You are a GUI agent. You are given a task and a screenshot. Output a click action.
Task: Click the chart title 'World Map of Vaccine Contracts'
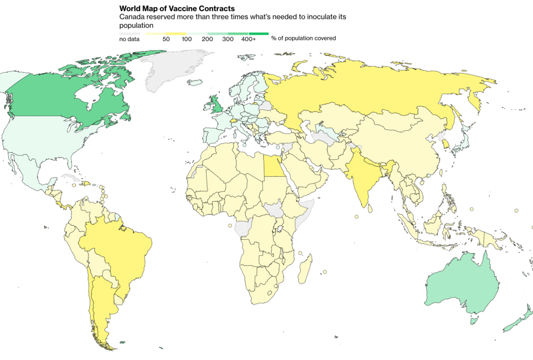177,9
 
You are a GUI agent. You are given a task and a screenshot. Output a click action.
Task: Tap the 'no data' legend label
129,39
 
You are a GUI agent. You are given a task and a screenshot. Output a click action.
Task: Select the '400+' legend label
248,39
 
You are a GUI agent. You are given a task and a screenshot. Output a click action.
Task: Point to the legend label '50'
166,39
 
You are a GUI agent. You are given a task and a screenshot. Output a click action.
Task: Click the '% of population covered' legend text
303,38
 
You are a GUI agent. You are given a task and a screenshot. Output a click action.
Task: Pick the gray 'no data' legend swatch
130,33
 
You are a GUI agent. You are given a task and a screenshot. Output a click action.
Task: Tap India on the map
363,176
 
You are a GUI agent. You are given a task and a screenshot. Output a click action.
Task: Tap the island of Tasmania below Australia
472,321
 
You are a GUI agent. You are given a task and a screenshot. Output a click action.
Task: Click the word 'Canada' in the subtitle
132,17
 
